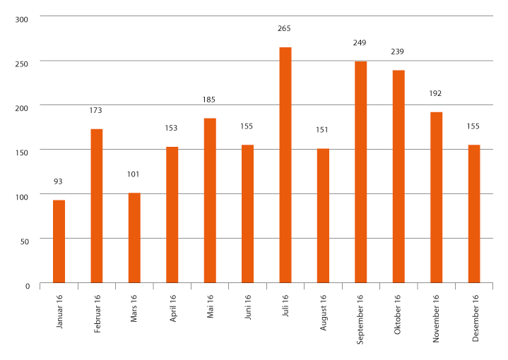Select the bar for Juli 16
(x=285, y=165)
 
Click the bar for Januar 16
(x=59, y=241)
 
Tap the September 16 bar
(x=360, y=172)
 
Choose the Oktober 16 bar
(x=398, y=176)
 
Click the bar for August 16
(x=323, y=216)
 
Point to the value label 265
(x=285, y=29)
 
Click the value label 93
(x=59, y=181)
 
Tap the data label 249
(x=360, y=43)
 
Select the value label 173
(x=97, y=110)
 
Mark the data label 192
(x=436, y=93)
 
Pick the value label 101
(x=134, y=174)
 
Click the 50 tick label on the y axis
(x=25, y=241)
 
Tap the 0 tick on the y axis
(x=28, y=285)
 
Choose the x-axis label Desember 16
(x=474, y=313)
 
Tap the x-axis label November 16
(x=436, y=314)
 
